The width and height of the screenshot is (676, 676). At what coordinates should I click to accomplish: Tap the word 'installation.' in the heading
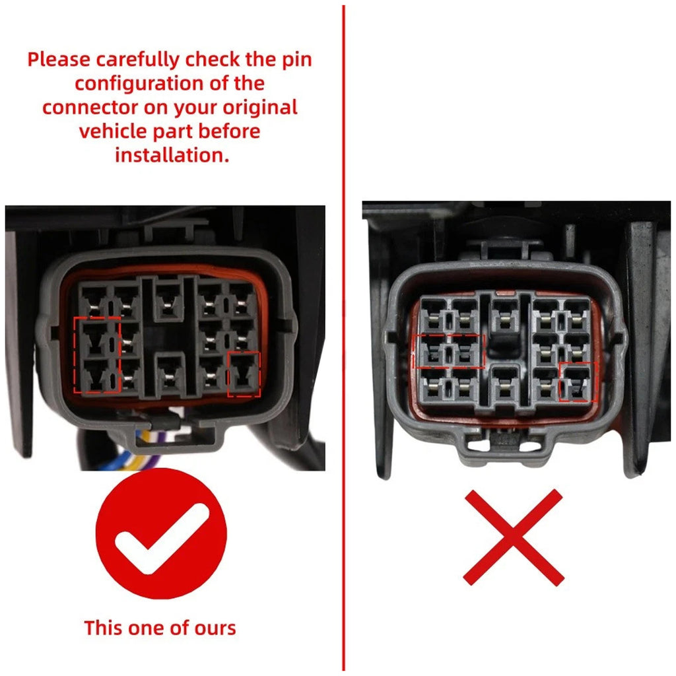[x=172, y=155]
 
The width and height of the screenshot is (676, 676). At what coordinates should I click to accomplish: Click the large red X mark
[x=513, y=537]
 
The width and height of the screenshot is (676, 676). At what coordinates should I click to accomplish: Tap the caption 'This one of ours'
[x=160, y=628]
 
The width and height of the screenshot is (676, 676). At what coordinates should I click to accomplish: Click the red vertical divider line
[x=343, y=338]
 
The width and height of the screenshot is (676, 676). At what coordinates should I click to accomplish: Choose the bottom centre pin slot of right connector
[x=506, y=386]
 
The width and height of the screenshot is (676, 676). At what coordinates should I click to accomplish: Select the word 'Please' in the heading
[x=59, y=59]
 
